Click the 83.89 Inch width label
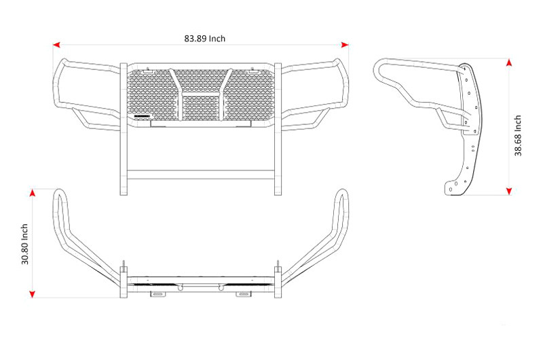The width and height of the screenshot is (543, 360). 205,39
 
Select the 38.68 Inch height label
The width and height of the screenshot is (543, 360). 518,135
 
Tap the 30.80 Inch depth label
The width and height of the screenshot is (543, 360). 24,244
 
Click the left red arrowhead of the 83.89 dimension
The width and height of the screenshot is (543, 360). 56,45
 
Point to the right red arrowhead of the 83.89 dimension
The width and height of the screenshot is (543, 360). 345,45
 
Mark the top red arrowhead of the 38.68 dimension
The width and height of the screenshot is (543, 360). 508,62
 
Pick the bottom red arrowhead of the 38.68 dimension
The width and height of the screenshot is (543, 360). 508,191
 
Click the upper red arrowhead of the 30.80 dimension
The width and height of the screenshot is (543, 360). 32,193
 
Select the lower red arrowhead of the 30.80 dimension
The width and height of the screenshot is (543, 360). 32,294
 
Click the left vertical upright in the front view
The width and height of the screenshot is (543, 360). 124,129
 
